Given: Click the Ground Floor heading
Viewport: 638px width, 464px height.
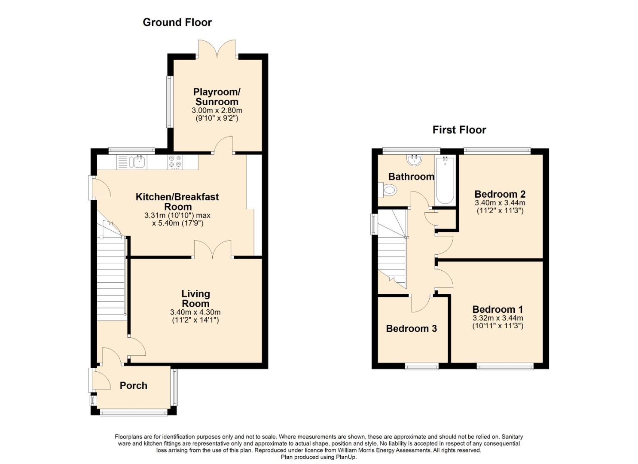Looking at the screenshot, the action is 177,22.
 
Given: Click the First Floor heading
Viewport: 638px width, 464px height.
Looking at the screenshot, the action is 459,130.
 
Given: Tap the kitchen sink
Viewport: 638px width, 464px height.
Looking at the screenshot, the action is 138,162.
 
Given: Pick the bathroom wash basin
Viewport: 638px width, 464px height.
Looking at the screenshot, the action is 415,160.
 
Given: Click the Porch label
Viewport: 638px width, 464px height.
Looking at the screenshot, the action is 133,386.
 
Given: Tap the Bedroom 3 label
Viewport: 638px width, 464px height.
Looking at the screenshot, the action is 411,329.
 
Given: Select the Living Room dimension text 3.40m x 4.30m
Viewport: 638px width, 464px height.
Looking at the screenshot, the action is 195,312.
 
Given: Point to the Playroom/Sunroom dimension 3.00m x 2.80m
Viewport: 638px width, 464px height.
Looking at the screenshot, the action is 217,110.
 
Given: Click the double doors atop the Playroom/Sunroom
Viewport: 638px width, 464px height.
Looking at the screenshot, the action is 217,49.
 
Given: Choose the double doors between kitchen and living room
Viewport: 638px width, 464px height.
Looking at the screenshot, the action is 213,250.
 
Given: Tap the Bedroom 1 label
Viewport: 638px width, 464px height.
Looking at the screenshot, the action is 498,309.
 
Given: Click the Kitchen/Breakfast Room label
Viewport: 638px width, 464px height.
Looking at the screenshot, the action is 177,201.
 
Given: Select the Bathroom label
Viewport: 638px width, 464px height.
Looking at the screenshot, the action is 411,177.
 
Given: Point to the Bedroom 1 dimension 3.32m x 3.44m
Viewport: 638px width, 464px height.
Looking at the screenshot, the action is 498,318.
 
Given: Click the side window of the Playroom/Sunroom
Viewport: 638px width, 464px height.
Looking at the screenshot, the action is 170,102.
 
